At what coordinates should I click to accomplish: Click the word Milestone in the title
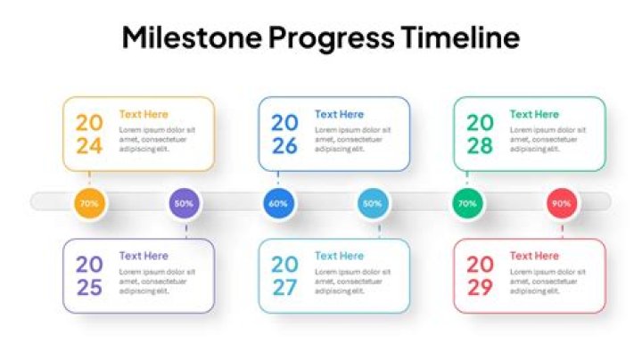[192, 38]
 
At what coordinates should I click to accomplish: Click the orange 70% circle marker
[89, 203]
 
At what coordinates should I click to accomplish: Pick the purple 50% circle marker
[184, 203]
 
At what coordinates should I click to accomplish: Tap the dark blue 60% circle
[278, 203]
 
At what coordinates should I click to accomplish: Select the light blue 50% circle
[373, 203]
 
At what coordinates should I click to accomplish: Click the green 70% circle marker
[467, 203]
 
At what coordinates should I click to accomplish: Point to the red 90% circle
[562, 203]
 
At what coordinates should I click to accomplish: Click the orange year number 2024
[89, 135]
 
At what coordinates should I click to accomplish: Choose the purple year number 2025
[89, 276]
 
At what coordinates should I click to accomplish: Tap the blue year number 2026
[284, 135]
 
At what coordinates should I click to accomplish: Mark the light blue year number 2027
[284, 276]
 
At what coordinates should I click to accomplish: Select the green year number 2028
[480, 135]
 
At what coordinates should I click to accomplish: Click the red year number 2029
[480, 276]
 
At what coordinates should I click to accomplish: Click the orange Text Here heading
[144, 114]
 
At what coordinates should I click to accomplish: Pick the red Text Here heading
[534, 256]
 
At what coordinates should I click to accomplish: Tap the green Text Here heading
[534, 114]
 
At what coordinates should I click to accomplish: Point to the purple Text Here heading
[144, 256]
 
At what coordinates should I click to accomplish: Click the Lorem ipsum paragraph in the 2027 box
[352, 281]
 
